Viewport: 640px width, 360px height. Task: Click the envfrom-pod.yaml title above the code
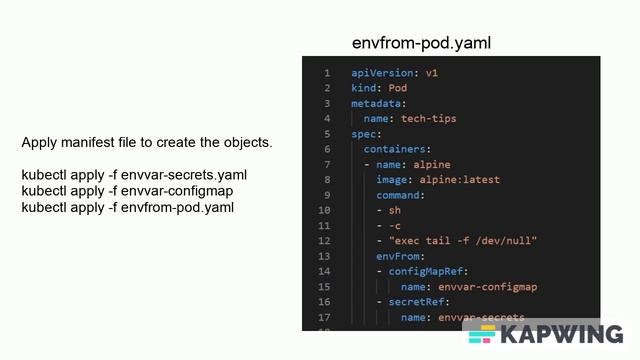coord(421,43)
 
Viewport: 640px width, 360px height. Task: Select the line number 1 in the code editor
coord(327,73)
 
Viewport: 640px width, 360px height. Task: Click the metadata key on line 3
coord(377,103)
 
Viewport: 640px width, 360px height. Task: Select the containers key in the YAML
coord(396,149)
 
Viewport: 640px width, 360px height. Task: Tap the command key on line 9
coord(400,195)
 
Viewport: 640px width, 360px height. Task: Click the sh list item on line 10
coord(395,210)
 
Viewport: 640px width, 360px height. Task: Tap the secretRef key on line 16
coord(418,302)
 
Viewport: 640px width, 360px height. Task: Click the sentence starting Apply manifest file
coord(147,143)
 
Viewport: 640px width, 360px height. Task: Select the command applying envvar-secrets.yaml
coord(134,175)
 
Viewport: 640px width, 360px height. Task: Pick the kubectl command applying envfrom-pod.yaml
coord(128,207)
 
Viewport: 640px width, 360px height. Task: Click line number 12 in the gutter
coord(324,241)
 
